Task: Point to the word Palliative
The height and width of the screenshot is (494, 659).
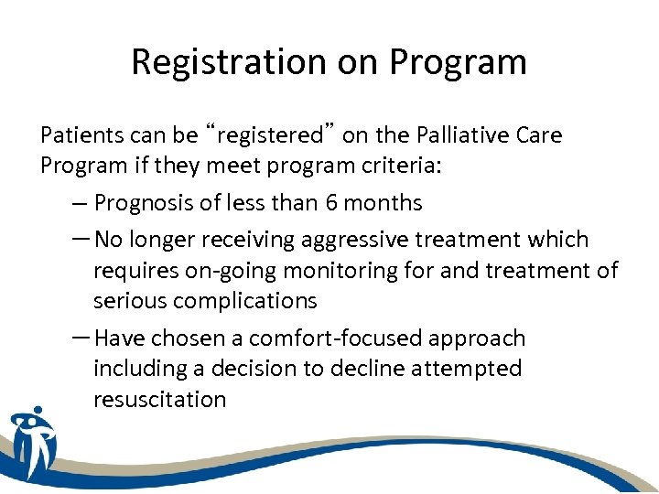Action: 466,135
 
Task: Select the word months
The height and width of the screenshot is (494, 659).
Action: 394,202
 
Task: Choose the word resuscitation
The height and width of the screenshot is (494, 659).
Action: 159,400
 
